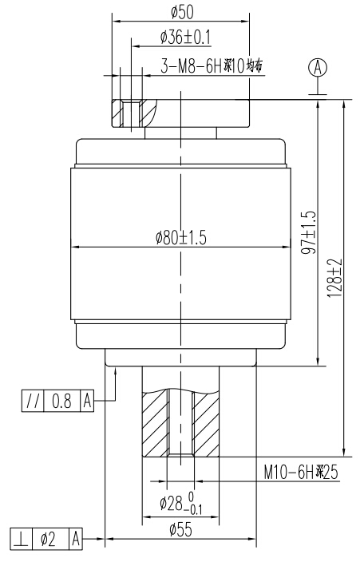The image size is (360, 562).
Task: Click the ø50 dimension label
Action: pyautogui.click(x=183, y=10)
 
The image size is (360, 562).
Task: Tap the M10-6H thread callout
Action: pyautogui.click(x=301, y=473)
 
